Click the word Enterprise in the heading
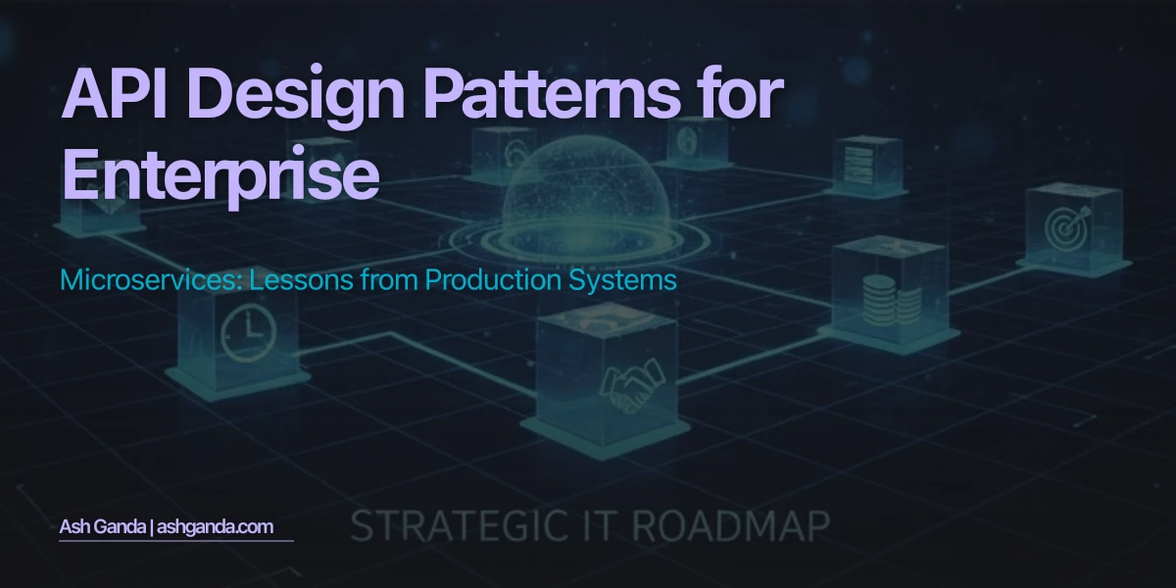pos(220,173)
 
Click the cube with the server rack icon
pos(866,162)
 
